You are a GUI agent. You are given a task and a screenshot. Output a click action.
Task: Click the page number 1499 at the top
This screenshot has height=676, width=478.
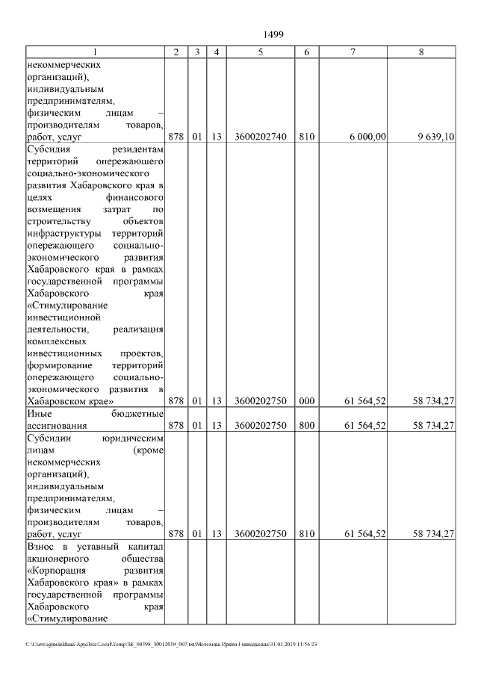pyautogui.click(x=274, y=34)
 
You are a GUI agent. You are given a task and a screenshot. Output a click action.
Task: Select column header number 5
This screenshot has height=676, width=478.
pyautogui.click(x=260, y=52)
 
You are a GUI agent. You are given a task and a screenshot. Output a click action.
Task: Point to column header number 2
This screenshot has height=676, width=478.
pyautogui.click(x=176, y=52)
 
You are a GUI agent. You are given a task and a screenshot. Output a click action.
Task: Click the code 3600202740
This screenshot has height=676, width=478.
pyautogui.click(x=260, y=137)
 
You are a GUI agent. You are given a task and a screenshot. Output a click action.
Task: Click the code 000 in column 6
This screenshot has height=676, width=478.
pyautogui.click(x=306, y=401)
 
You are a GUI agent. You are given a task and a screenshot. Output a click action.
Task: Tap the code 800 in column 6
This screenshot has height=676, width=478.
pyautogui.click(x=306, y=426)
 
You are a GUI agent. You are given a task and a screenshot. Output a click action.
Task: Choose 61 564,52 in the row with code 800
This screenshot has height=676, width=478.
pyautogui.click(x=364, y=426)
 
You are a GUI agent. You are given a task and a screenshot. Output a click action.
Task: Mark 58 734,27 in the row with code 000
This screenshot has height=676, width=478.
pyautogui.click(x=434, y=401)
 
